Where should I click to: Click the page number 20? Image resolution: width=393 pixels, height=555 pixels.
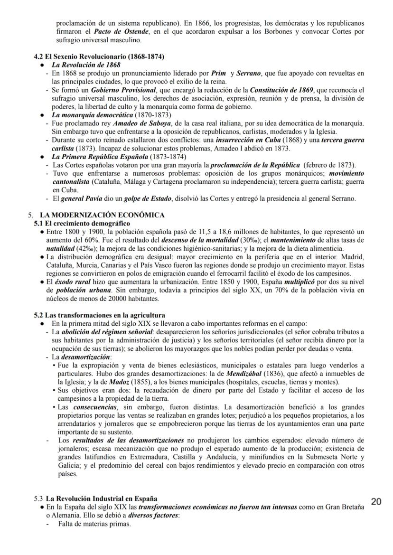pyautogui.click(x=376, y=502)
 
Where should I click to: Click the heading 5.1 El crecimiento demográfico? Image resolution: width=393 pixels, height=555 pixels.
pyautogui.click(x=82, y=223)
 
